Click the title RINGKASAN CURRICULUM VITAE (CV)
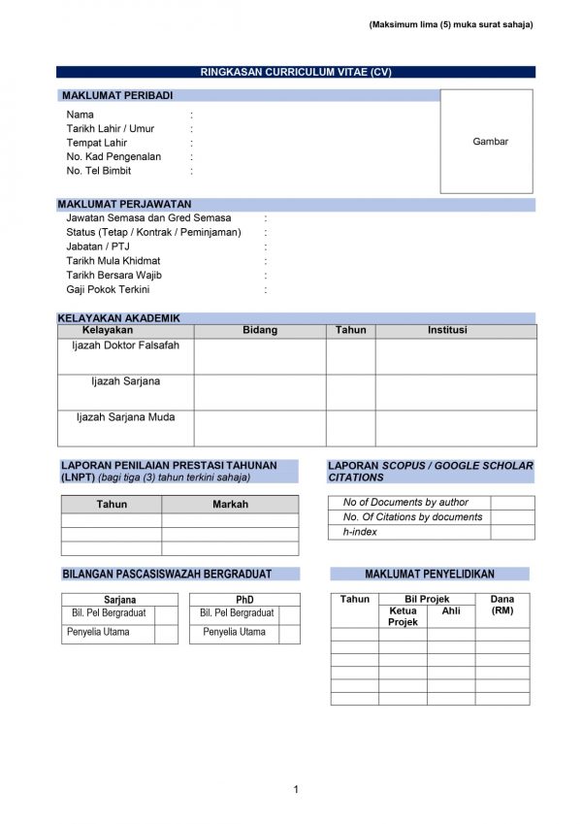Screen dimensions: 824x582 pyautogui.click(x=295, y=73)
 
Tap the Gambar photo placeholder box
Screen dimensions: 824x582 pyautogui.click(x=489, y=142)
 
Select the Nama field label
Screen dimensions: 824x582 pyautogui.click(x=81, y=115)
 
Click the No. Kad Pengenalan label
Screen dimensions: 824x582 pyautogui.click(x=113, y=156)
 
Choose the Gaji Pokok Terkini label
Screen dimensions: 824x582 pyautogui.click(x=108, y=289)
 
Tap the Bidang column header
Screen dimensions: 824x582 pyautogui.click(x=259, y=330)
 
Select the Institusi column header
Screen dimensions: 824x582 pyautogui.click(x=447, y=330)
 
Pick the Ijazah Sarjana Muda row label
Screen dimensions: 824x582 pyautogui.click(x=125, y=416)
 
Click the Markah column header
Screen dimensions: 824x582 pyautogui.click(x=230, y=504)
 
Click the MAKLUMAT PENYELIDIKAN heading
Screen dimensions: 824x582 pyautogui.click(x=430, y=574)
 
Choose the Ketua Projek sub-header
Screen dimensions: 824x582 pyautogui.click(x=403, y=616)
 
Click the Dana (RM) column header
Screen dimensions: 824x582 pyautogui.click(x=502, y=606)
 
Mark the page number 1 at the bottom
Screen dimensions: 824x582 pyautogui.click(x=295, y=788)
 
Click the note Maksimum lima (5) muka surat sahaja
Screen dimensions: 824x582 pyautogui.click(x=451, y=25)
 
